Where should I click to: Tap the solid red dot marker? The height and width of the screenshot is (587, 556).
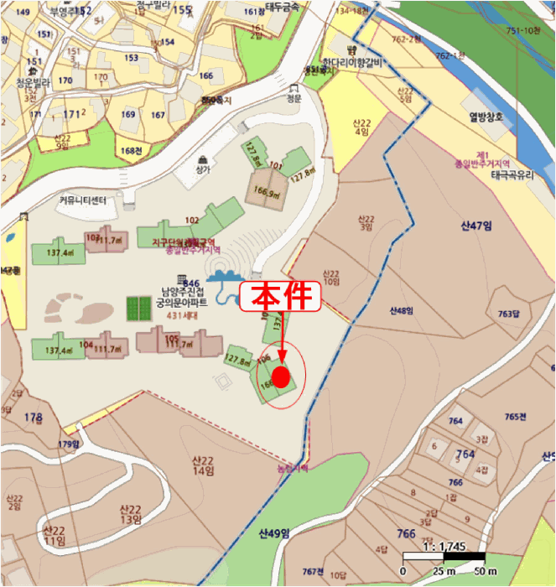click(282, 377)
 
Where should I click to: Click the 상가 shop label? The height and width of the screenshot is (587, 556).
click(203, 169)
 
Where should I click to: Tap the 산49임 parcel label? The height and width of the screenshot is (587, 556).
click(273, 533)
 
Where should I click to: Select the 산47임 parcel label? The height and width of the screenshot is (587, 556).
click(474, 226)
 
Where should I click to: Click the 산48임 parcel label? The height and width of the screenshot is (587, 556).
click(403, 311)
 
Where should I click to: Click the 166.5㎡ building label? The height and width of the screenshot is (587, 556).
click(266, 191)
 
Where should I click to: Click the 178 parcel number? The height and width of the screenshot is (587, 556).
click(33, 417)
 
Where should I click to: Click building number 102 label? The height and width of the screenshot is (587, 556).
click(191, 221)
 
